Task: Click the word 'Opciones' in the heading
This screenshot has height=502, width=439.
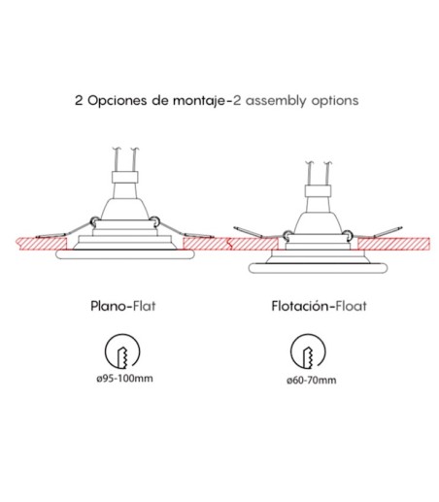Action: [118, 101]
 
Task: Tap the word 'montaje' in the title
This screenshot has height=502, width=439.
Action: [199, 101]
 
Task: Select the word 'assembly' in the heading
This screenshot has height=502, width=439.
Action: [276, 101]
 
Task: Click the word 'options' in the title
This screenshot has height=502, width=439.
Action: [335, 101]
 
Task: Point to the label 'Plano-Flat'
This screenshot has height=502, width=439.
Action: [123, 306]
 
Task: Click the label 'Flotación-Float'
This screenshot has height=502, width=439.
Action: [319, 306]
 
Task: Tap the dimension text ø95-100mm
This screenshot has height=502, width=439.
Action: [124, 378]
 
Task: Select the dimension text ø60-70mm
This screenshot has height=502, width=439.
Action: [312, 380]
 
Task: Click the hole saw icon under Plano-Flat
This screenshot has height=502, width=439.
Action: [122, 351]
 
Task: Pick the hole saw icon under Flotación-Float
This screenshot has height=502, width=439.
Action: [308, 352]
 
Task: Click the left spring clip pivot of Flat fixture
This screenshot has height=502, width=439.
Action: [93, 221]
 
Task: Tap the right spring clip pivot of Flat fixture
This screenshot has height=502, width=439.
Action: [155, 221]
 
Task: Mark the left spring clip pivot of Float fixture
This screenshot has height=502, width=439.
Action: [287, 234]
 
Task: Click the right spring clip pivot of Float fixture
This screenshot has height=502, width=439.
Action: [347, 234]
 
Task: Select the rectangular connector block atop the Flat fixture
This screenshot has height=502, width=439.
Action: [124, 177]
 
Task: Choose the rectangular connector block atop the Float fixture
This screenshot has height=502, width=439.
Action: [318, 191]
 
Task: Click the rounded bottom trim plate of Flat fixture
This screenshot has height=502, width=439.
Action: [125, 254]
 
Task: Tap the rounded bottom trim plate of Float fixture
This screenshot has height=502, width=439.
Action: [318, 268]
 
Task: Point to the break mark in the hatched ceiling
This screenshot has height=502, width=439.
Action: [229, 244]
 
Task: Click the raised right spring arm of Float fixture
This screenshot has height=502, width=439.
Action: [388, 232]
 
